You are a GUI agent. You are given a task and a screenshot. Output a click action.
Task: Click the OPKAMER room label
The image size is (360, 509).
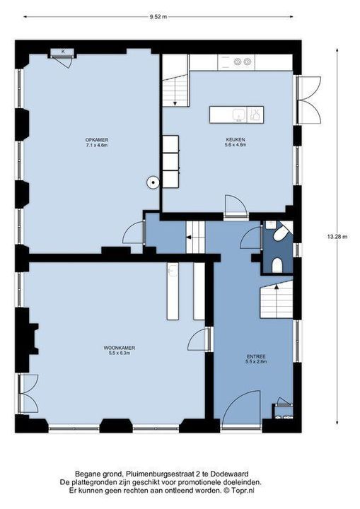pos(96,140)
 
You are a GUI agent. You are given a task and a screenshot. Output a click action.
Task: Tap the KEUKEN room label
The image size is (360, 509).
pos(236,139)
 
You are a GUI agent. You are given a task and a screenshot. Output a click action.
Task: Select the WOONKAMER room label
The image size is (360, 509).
pos(120,348)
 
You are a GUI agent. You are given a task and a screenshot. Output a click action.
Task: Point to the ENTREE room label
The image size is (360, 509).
pos(256,356)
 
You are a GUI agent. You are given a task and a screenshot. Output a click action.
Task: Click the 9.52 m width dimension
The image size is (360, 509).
pos(158,17)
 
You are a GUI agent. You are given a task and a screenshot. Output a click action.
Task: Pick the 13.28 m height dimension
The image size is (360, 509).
pos(337,237)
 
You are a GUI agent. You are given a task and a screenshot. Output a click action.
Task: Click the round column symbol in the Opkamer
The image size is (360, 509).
pos(152,182)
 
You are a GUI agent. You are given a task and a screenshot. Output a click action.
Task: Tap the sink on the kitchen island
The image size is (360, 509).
pos(239,115)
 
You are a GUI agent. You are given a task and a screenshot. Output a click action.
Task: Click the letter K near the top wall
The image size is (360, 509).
pos(63,52)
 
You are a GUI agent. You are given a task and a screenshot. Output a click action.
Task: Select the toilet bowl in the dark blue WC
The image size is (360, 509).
pos(277,265)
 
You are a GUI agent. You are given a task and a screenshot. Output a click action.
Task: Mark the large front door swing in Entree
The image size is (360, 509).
pos(240,407)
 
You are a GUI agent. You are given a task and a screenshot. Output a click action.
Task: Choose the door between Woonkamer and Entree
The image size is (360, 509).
pos(198,339)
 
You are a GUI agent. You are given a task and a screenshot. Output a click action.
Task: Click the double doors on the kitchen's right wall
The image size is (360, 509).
pos(309,100)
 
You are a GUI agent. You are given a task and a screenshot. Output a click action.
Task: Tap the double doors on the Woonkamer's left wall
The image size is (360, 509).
pos(28,394)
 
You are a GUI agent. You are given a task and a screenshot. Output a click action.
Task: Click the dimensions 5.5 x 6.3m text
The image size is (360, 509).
pos(120,353)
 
